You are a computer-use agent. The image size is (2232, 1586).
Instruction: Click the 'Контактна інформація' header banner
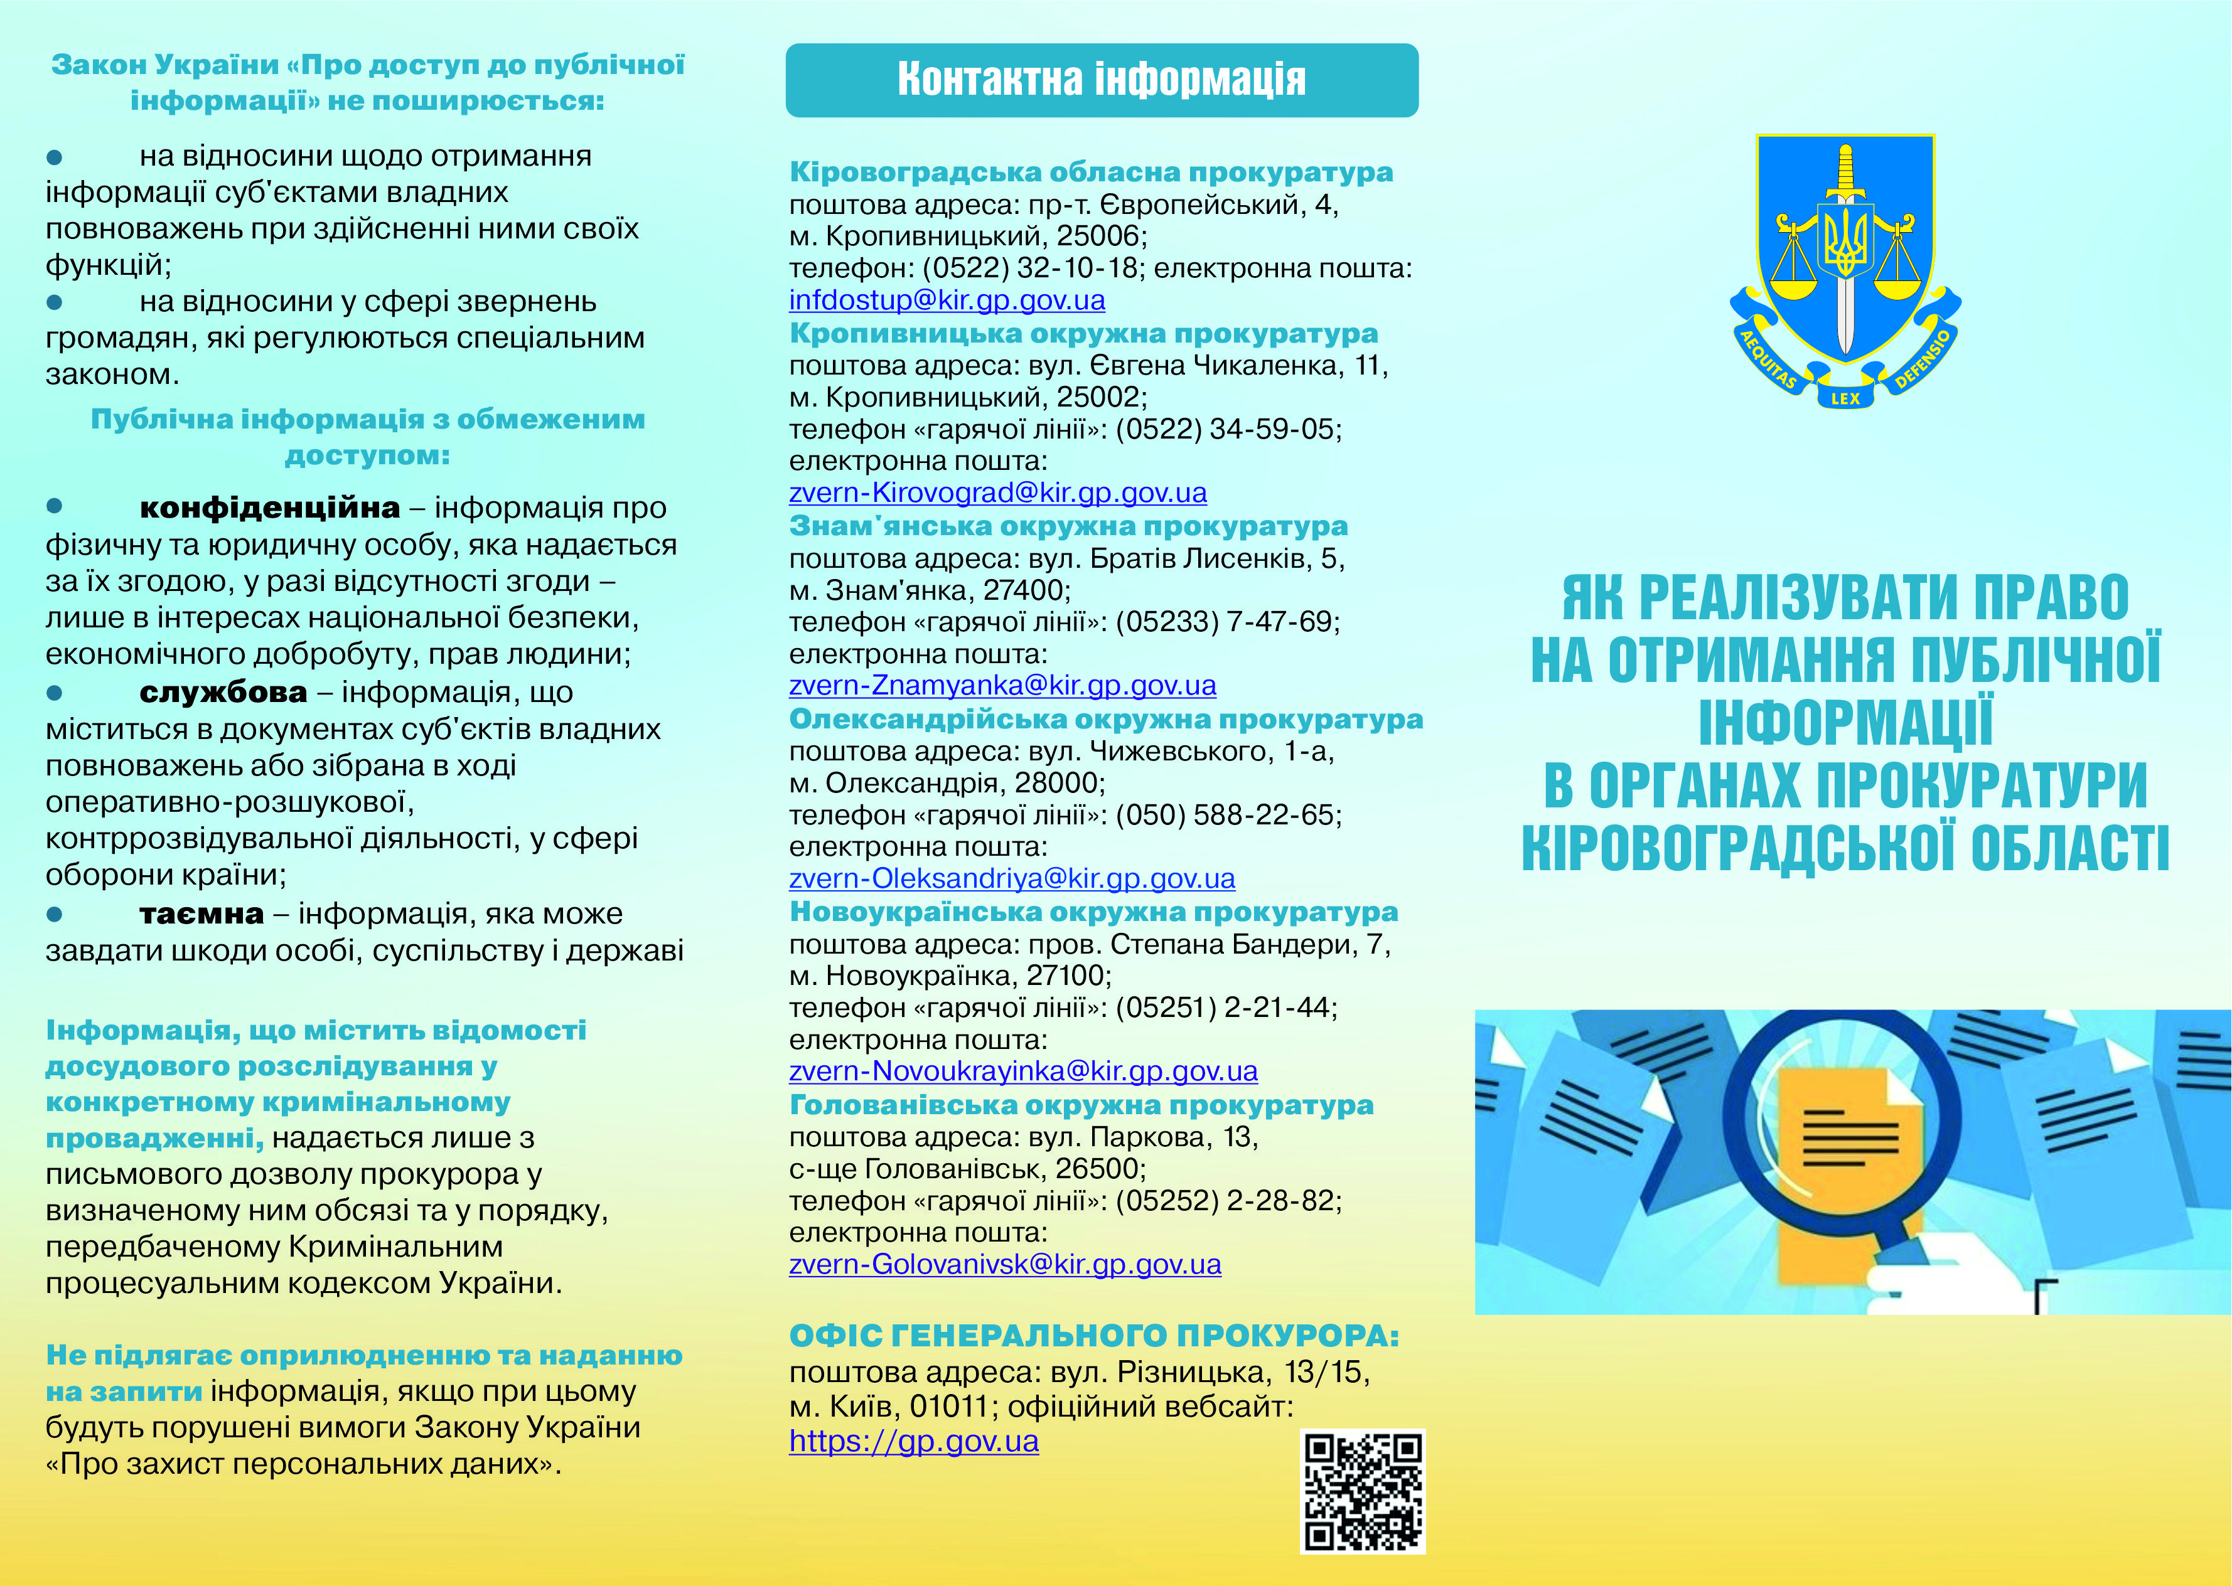click(1101, 80)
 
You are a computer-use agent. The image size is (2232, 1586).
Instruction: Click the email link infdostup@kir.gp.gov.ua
click(947, 300)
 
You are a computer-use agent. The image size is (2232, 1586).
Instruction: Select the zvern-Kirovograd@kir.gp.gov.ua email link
click(997, 492)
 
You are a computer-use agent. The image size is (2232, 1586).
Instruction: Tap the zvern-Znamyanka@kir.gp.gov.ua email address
click(1002, 686)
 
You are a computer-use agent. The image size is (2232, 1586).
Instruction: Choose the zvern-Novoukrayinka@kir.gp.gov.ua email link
click(1022, 1072)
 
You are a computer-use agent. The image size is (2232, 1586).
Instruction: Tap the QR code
click(1363, 1491)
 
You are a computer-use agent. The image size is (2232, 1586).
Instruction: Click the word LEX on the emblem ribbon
click(1844, 398)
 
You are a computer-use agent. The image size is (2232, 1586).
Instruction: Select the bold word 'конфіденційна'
click(270, 508)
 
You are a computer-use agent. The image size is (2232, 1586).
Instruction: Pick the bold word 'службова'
click(223, 693)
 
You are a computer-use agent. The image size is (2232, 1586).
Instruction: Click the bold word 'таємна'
click(201, 914)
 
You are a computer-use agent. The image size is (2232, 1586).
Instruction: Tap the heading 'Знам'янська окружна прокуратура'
click(1068, 526)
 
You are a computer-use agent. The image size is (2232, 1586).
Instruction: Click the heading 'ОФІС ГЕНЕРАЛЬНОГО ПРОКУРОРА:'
click(1093, 1336)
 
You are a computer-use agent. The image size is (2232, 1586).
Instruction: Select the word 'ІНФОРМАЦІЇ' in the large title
click(1844, 723)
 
